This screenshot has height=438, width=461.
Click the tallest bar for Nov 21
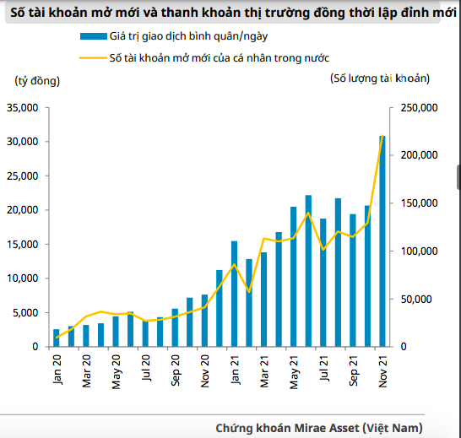click(x=382, y=241)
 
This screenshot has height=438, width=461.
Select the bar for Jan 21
click(x=234, y=294)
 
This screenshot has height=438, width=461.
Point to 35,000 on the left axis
click(x=22, y=107)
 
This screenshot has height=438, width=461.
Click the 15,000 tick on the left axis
click(x=22, y=244)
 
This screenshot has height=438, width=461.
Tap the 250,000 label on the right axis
click(x=415, y=107)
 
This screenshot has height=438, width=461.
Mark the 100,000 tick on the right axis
click(x=415, y=251)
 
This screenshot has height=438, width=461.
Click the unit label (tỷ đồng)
click(x=38, y=80)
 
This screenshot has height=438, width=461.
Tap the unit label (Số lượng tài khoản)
click(x=380, y=78)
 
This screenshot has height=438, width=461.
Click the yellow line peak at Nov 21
click(x=382, y=137)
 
